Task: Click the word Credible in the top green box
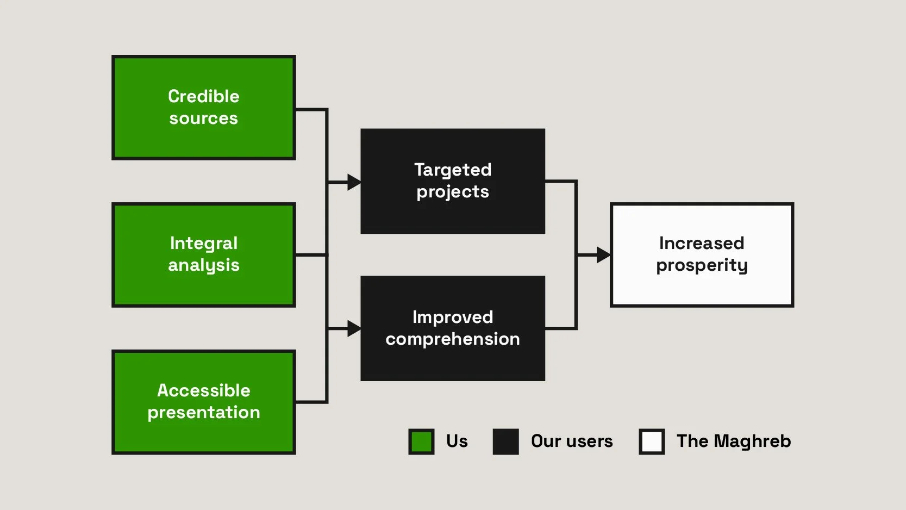point(204,96)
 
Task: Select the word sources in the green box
point(204,119)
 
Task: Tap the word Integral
point(204,243)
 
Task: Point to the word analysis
point(204,265)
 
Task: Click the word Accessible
point(204,390)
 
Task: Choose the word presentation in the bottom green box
point(204,413)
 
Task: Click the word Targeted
point(453,170)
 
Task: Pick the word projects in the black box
point(453,192)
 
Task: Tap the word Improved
point(453,317)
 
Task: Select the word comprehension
point(453,339)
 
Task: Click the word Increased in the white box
point(702,243)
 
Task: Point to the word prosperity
point(702,265)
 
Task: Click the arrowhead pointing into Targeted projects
point(354,182)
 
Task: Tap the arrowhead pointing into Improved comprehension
point(354,328)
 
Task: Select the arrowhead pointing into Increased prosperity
point(603,254)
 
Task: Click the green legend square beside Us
point(421,441)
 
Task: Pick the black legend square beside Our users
point(505,441)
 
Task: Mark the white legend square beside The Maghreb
point(652,441)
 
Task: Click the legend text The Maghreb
point(734,441)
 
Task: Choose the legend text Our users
point(572,441)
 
